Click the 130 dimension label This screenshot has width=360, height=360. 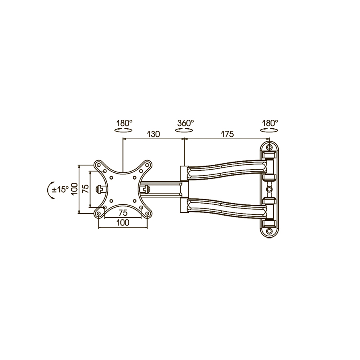pyautogui.click(x=153, y=134)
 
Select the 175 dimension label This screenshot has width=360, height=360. pyautogui.click(x=227, y=134)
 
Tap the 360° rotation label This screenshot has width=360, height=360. pyautogui.click(x=185, y=123)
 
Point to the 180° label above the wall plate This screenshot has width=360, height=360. pyautogui.click(x=270, y=123)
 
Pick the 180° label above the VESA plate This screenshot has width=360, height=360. pyautogui.click(x=124, y=123)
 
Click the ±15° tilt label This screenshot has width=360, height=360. pyautogui.click(x=60, y=190)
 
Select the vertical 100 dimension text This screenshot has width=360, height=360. pyautogui.click(x=74, y=189)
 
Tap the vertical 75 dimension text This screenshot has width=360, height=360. pyautogui.click(x=86, y=189)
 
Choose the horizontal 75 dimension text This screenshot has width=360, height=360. pyautogui.click(x=123, y=213)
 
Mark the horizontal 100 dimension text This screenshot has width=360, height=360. pyautogui.click(x=123, y=222)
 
